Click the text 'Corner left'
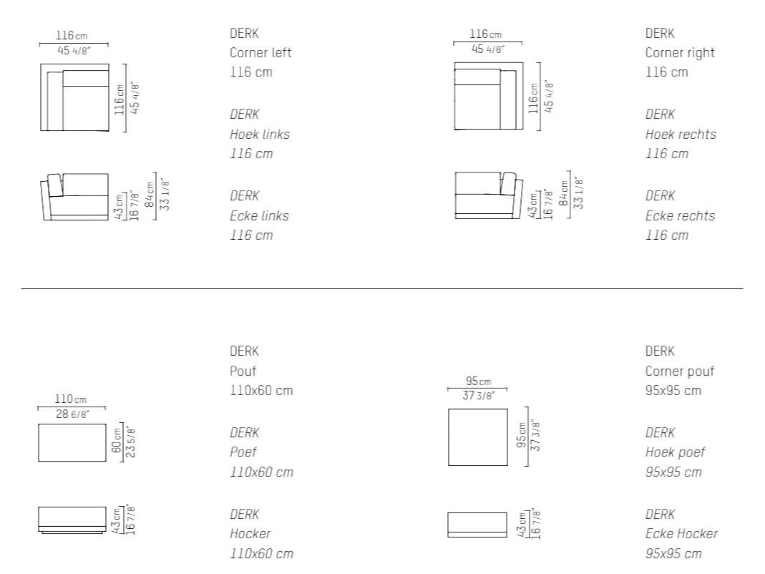(260, 53)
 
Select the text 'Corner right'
(680, 53)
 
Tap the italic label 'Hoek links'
(260, 135)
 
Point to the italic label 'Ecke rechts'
(680, 215)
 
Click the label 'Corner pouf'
(680, 371)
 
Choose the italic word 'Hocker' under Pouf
(250, 533)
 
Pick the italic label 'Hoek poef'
(676, 452)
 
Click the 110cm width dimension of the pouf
(71, 399)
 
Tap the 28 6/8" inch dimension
(73, 414)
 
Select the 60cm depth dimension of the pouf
(117, 440)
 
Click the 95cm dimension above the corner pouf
(479, 381)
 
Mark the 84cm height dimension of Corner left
(150, 194)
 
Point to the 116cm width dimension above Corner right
(485, 34)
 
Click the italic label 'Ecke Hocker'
(681, 533)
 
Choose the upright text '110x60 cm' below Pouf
(261, 391)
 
